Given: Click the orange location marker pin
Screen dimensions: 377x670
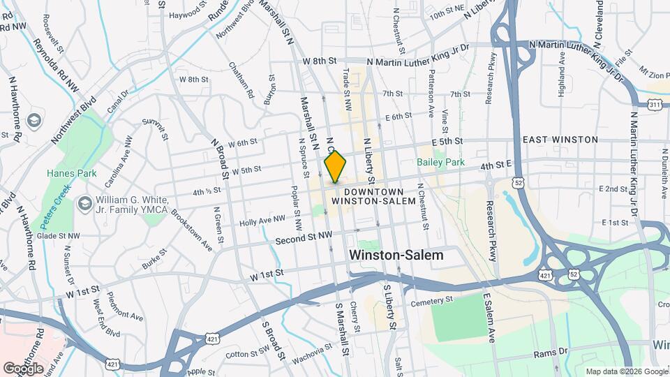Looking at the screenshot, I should [x=335, y=167].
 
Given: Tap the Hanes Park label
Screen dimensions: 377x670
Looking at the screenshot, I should [x=65, y=172].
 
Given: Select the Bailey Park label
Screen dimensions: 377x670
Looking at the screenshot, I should [x=440, y=162].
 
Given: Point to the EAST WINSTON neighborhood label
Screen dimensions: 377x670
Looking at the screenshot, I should [x=560, y=140].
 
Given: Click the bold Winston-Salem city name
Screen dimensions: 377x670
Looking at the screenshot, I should [x=396, y=256].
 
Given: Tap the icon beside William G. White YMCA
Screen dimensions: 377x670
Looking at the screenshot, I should [x=85, y=203].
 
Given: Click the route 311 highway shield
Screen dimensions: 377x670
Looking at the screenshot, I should [x=654, y=104].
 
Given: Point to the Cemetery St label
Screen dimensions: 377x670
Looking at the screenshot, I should [x=432, y=300].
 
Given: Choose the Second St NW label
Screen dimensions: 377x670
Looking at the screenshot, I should [x=303, y=239].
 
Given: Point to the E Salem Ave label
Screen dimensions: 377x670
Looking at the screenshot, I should [x=489, y=318].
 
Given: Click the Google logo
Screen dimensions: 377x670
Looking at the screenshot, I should [x=23, y=368].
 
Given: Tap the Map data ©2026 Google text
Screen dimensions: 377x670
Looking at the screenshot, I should [x=625, y=371].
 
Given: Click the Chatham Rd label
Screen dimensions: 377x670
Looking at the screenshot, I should [x=241, y=80].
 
